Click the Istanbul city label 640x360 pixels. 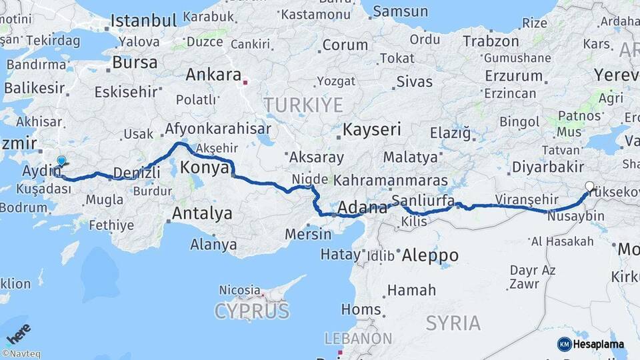[x=143, y=20]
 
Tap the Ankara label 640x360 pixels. [x=213, y=75]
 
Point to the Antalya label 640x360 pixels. [x=202, y=213]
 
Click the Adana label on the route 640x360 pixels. [x=363, y=207]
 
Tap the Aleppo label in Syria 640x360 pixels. [x=430, y=255]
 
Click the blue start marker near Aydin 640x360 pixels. [x=61, y=161]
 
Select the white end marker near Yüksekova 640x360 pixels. [x=589, y=187]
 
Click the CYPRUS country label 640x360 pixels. [x=252, y=311]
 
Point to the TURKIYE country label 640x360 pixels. [x=303, y=105]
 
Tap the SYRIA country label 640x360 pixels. [x=453, y=323]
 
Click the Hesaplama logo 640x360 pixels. [x=591, y=344]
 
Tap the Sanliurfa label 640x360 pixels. [x=423, y=201]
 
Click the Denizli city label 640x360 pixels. [x=137, y=173]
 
